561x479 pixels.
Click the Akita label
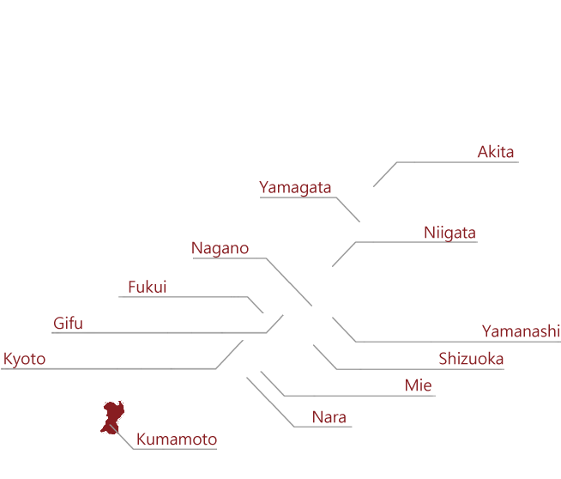[496, 152]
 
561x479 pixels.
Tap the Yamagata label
[295, 188]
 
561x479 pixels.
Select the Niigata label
[449, 233]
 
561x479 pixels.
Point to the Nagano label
[220, 248]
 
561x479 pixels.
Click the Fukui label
[148, 287]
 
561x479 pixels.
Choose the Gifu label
[68, 323]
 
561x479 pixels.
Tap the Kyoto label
[24, 359]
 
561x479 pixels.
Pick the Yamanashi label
[521, 331]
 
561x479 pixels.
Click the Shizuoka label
[471, 359]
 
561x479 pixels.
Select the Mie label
[419, 385]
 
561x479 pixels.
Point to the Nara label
[329, 417]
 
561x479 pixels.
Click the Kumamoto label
[177, 440]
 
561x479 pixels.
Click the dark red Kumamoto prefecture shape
[112, 415]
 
